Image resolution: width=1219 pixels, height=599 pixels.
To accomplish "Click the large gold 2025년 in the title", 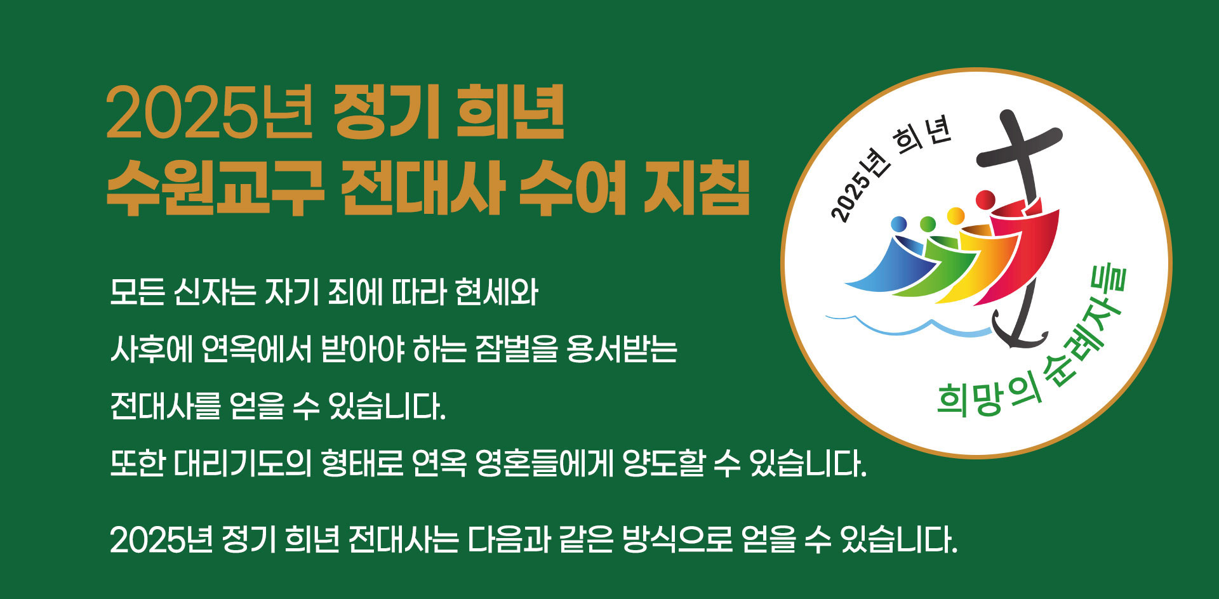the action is click(x=210, y=114).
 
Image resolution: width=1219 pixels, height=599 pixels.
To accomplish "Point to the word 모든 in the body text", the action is click(x=137, y=293).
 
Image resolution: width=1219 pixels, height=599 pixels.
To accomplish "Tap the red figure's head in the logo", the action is click(x=985, y=199).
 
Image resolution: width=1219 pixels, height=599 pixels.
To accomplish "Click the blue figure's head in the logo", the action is click(x=898, y=224).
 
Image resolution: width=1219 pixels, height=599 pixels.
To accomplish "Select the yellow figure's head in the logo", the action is click(x=956, y=216).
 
